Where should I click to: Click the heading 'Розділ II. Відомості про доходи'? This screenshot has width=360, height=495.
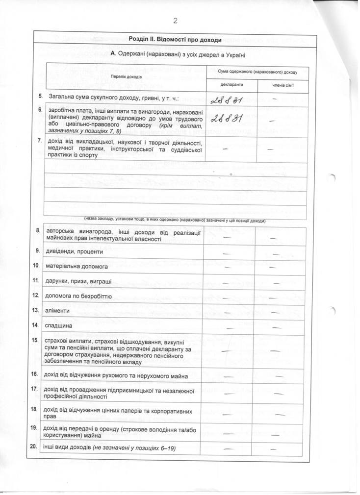coord(175,39)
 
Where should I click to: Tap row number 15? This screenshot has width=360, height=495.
coord(35,340)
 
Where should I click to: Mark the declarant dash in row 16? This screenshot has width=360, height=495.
coord(228,376)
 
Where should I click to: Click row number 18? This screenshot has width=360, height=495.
coord(35,409)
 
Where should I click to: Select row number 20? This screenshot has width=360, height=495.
coord(34,447)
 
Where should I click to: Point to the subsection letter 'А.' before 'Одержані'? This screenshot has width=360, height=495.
coord(113,53)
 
